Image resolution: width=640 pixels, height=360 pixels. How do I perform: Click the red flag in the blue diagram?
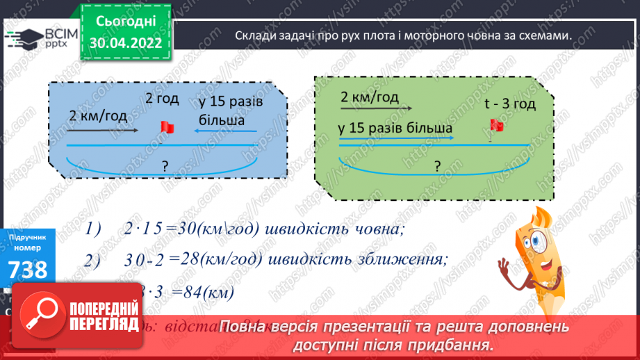pos(167,126)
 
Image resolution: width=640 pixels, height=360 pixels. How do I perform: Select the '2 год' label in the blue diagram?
pos(162,98)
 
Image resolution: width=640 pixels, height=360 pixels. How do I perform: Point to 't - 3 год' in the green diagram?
pos(509,104)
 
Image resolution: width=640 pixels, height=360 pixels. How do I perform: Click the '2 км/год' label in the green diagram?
pos(369,97)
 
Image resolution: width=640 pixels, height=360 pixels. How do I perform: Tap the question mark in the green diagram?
pos(437,165)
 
